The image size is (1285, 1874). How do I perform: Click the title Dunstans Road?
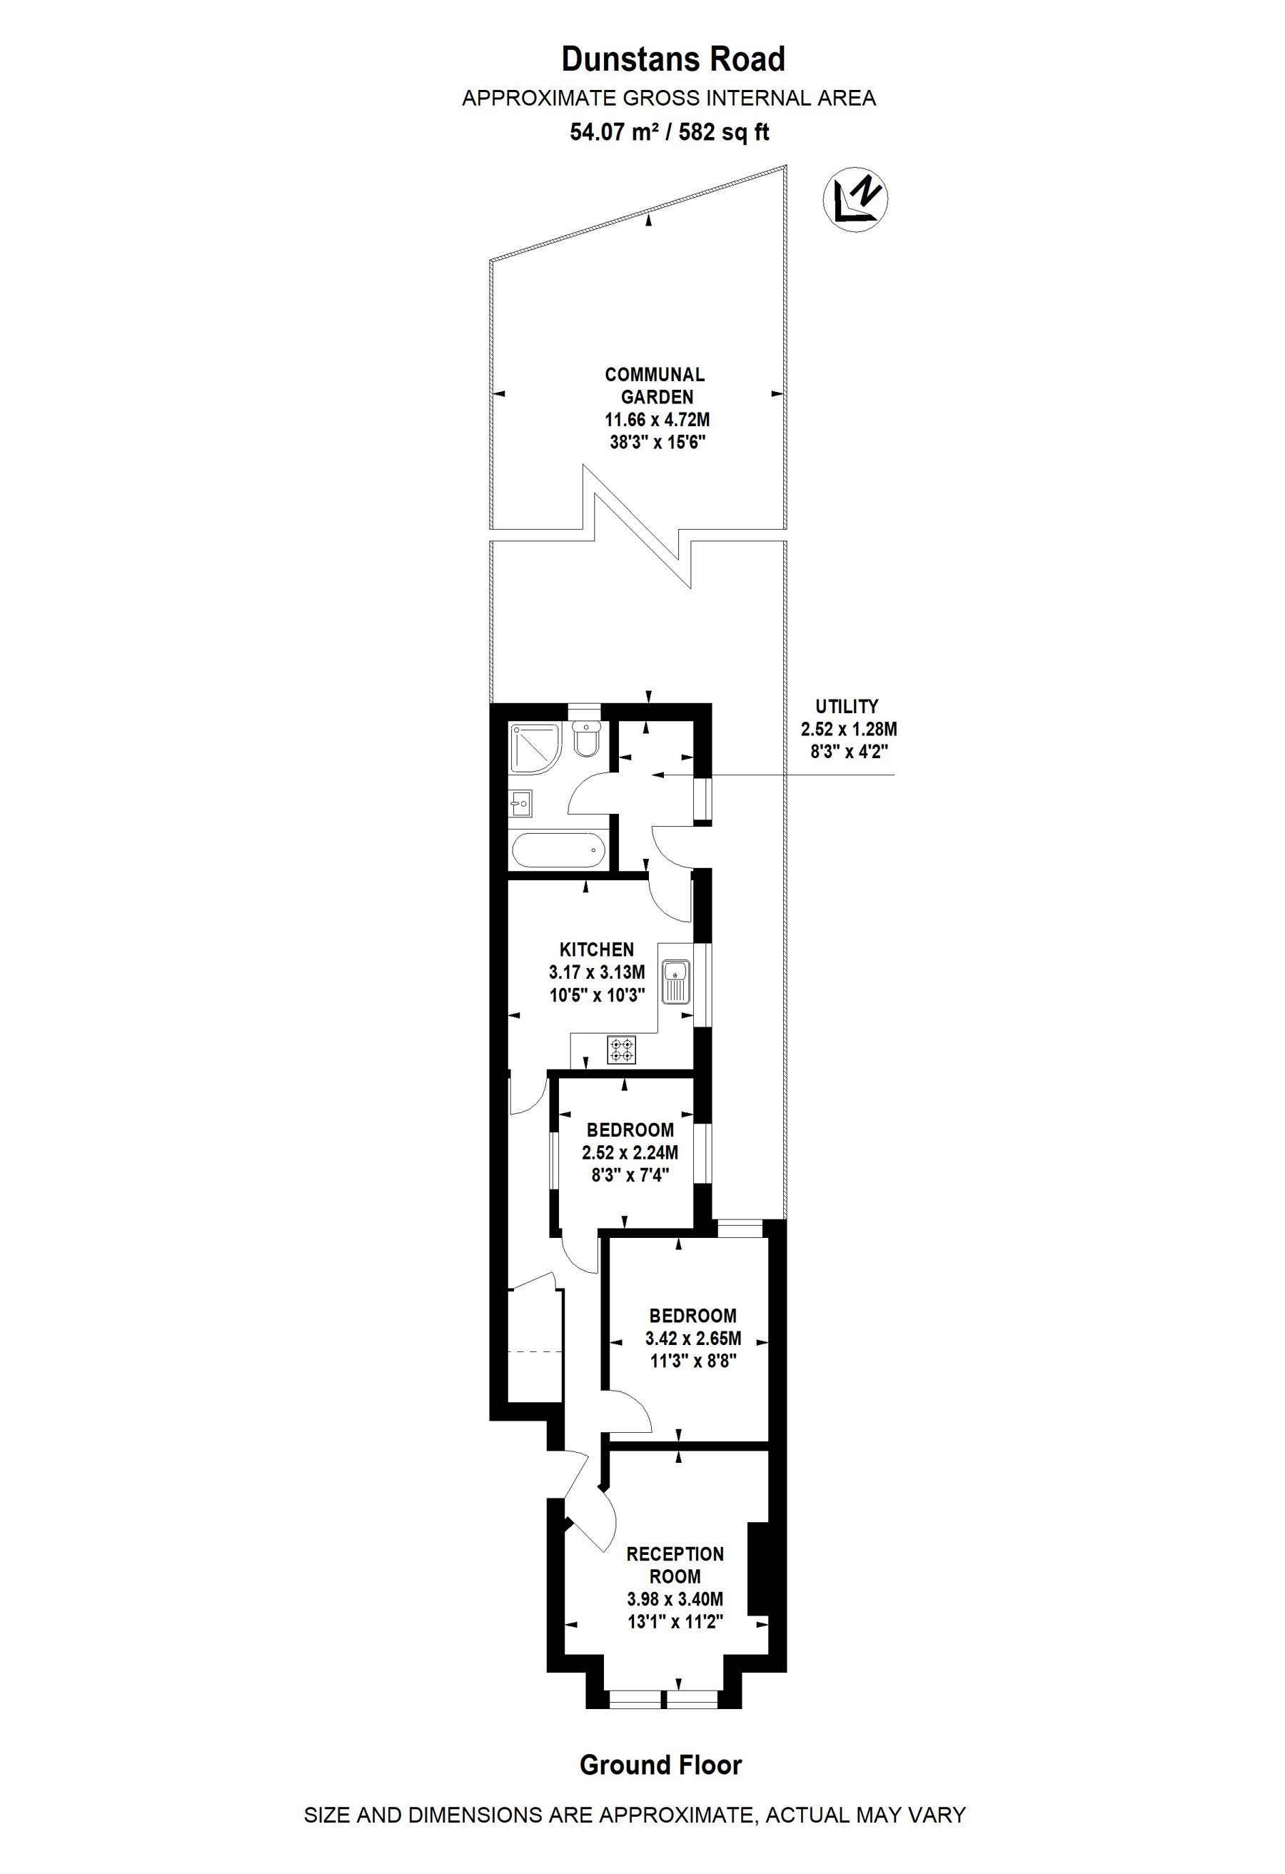coord(673,60)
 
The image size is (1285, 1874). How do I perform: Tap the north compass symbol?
coord(855,198)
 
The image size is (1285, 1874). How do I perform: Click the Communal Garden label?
coord(655,386)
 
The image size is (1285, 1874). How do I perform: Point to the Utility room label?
coord(847,706)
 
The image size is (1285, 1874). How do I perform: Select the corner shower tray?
coord(535,747)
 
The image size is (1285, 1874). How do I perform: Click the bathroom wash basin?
coord(520,802)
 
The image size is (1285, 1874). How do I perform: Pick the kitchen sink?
coord(676,982)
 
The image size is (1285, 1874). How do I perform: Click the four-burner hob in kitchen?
coord(622,1050)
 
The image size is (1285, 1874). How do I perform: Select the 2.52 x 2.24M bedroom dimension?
coord(630,1152)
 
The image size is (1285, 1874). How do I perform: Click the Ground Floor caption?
coord(661,1765)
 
